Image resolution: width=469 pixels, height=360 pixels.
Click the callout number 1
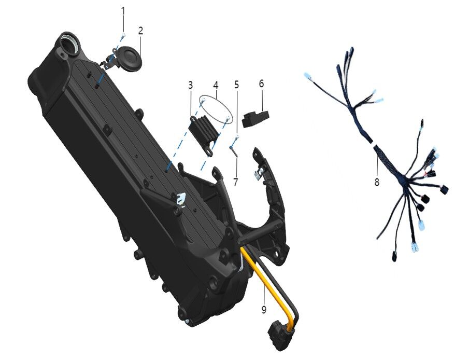click(x=123, y=11)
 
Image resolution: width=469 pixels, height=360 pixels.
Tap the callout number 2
click(x=140, y=31)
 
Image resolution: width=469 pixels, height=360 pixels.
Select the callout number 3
click(x=190, y=84)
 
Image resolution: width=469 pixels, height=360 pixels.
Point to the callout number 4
click(x=216, y=84)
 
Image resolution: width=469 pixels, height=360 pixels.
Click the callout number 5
click(x=236, y=84)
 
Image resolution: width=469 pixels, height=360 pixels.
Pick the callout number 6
click(x=261, y=84)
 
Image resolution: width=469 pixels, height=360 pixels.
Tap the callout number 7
click(x=236, y=182)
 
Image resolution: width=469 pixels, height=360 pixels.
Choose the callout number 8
click(x=377, y=182)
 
